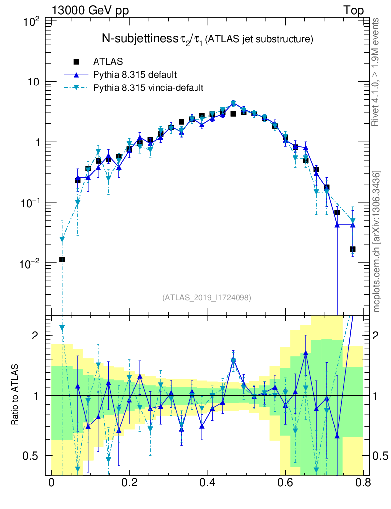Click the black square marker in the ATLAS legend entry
77,62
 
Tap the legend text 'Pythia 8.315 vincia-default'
148,87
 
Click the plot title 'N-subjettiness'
140,39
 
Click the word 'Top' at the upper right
353,10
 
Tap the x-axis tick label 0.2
129,483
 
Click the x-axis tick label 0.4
207,483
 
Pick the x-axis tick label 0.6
285,483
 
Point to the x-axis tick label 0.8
363,483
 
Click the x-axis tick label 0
51,483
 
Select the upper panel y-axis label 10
33,82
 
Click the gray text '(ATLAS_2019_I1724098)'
206,298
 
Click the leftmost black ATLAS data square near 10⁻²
62,259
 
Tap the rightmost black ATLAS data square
352,249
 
